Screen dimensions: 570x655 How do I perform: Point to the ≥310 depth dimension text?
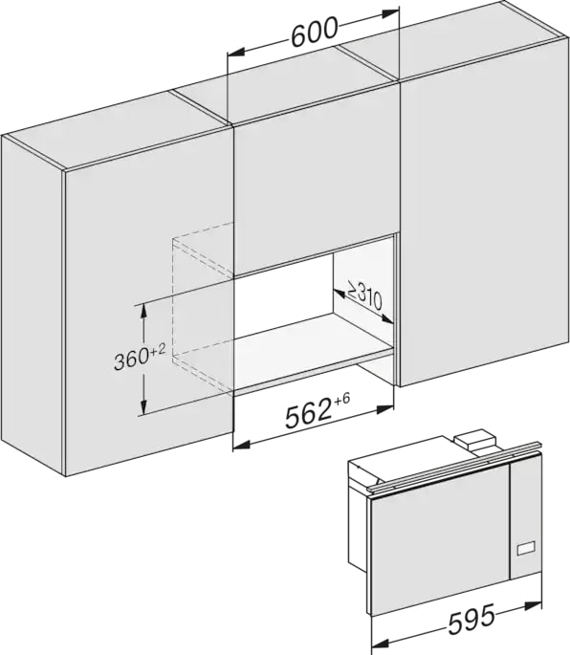pos(363,295)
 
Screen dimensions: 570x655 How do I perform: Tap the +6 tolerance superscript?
pos(341,400)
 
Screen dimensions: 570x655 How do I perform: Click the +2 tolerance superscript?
pos(159,350)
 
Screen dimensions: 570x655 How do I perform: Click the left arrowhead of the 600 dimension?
pos(235,53)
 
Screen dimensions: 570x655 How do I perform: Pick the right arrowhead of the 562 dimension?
pos(385,409)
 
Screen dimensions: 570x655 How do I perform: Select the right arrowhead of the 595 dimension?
pos(534,605)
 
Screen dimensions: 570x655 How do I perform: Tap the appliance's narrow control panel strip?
pos(525,518)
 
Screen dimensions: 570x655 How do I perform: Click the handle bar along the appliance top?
pos(453,467)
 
